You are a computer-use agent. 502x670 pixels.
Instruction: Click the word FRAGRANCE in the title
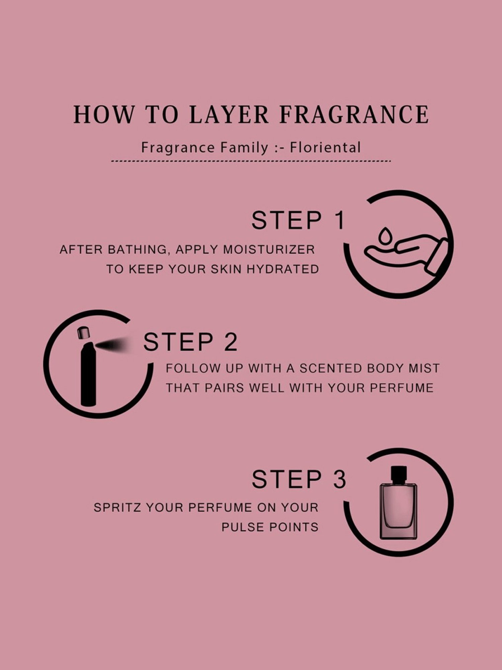tap(354, 115)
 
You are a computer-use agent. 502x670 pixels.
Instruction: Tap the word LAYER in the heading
tap(229, 115)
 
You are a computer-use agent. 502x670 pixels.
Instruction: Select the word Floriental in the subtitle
tap(325, 147)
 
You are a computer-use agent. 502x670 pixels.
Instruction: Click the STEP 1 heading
tap(298, 220)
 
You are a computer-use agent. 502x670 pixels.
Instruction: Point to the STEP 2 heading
tap(190, 342)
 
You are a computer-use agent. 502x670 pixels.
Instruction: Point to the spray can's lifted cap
tap(82, 333)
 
